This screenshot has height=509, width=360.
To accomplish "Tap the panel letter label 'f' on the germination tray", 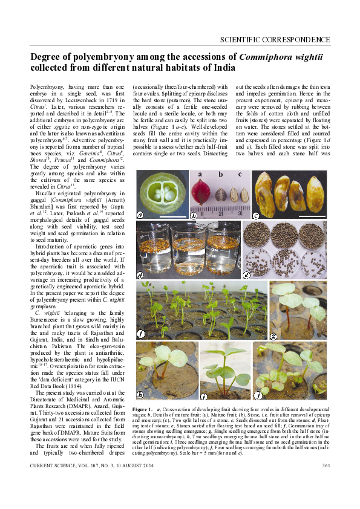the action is tap(141, 333).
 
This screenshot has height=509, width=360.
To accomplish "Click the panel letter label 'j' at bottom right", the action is tap(258, 397).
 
